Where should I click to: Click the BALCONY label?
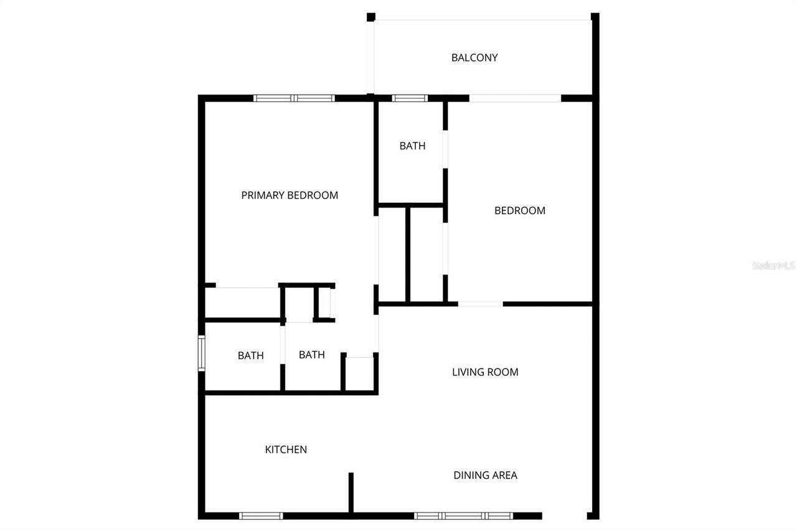[x=474, y=58]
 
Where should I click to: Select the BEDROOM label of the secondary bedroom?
[x=519, y=210]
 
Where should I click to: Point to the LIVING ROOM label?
[x=485, y=372]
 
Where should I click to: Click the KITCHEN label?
[x=286, y=449]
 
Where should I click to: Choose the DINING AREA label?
[x=485, y=476]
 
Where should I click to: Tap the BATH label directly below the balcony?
[x=412, y=146]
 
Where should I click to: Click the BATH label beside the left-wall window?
[x=250, y=356]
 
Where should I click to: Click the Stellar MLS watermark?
[x=774, y=265]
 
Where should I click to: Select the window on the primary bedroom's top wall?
[x=294, y=98]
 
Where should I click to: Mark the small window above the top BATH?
[x=410, y=98]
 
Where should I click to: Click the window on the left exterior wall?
[x=201, y=353]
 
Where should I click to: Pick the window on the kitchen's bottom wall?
[x=261, y=515]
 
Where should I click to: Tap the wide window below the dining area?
[x=463, y=515]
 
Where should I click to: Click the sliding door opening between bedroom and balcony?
[x=516, y=98]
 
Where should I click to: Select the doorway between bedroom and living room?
[x=480, y=304]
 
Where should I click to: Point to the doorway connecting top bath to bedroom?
[x=445, y=149]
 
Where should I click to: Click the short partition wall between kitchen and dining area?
[x=351, y=492]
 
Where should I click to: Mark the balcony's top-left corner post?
[x=370, y=17]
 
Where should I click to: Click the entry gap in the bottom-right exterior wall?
[x=565, y=515]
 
